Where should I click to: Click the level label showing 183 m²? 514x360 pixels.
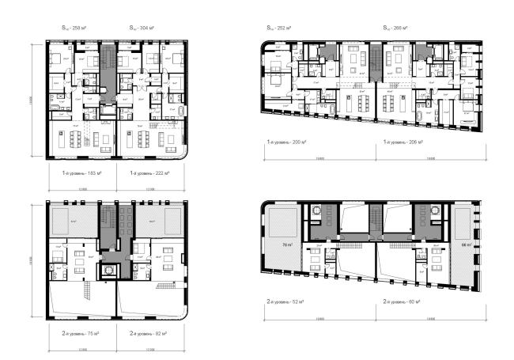pyautogui.click(x=82, y=171)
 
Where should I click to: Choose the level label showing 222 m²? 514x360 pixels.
pyautogui.click(x=150, y=171)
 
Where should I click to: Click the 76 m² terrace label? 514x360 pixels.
pyautogui.click(x=282, y=246)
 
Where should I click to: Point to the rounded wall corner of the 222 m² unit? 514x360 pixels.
pyautogui.click(x=183, y=154)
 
